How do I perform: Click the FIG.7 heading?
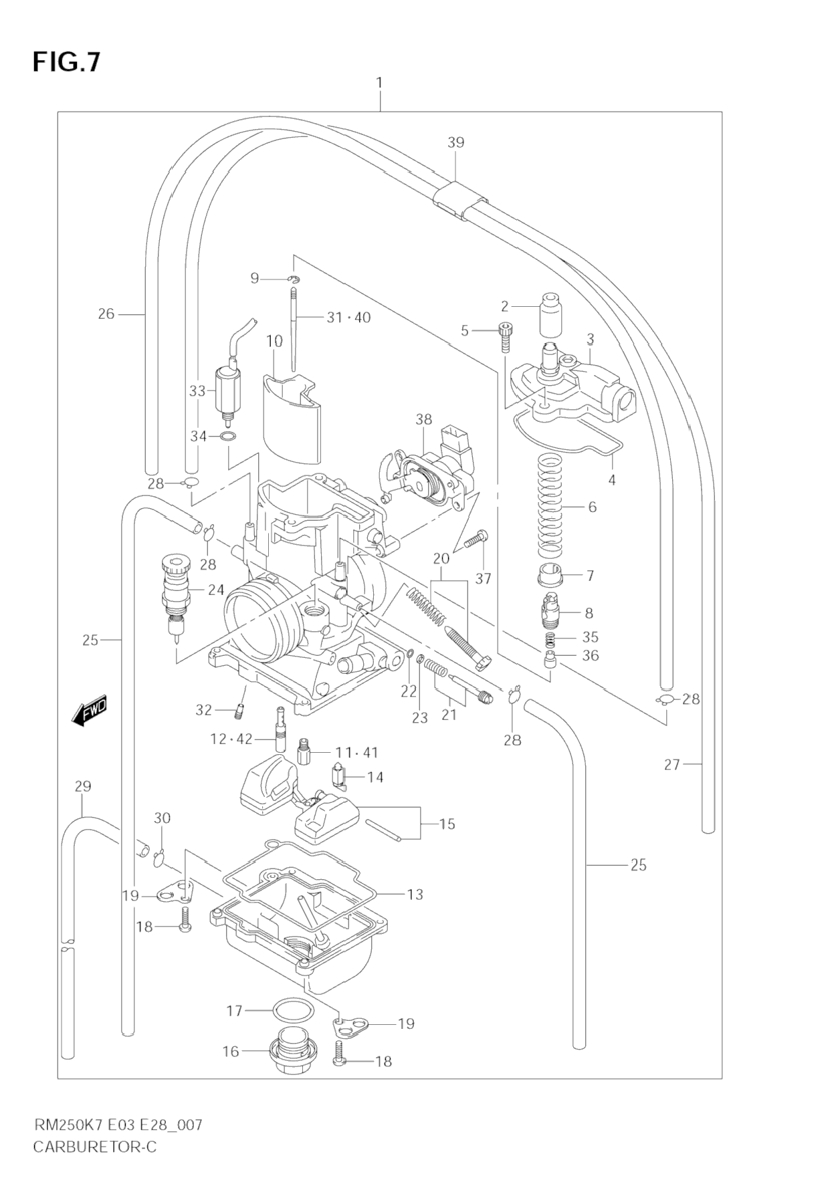coord(66,62)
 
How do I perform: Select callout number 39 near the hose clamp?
coord(455,142)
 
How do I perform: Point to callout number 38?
coord(424,420)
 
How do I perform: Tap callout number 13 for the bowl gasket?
coord(415,894)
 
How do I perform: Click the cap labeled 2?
coord(550,314)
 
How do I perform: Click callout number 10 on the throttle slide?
coord(274,341)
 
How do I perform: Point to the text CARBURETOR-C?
coord(94,1147)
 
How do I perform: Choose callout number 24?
coord(215,590)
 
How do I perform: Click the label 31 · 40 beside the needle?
coord(348,318)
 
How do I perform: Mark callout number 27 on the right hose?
coord(672,764)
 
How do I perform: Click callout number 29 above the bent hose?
coord(82,786)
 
